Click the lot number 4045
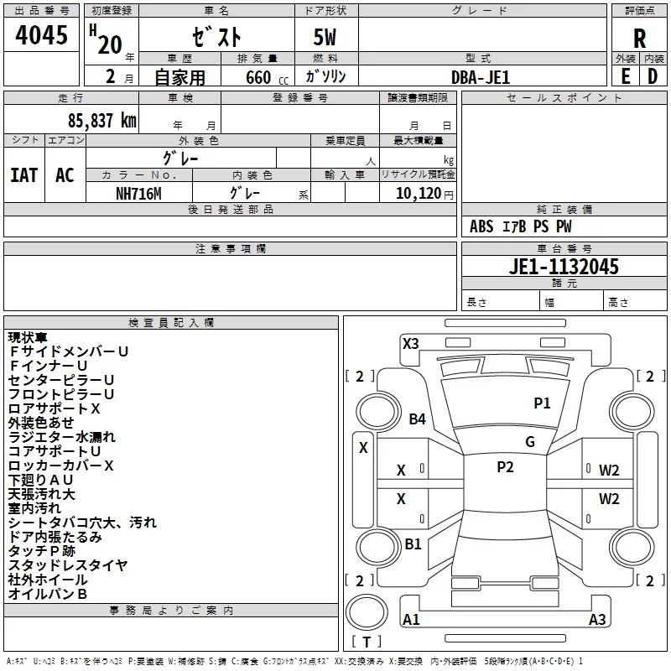point(41,35)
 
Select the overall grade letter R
point(639,39)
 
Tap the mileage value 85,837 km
point(102,121)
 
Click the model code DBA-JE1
point(481,77)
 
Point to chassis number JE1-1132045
point(564,267)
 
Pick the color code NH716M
point(138,194)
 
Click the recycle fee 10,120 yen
point(424,194)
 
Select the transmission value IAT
point(24,175)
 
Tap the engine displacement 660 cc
point(267,77)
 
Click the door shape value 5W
point(325,37)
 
